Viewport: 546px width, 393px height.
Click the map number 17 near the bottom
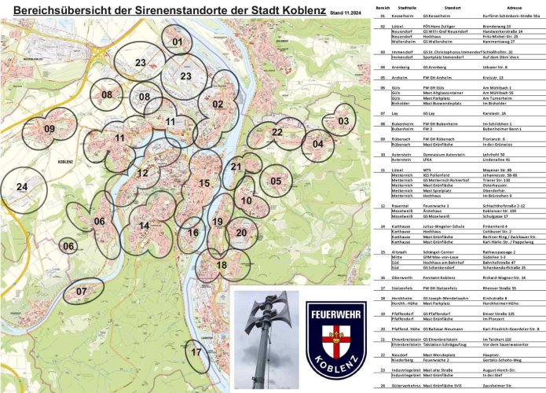[x=196, y=353]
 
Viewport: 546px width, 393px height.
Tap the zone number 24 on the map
[x=22, y=187]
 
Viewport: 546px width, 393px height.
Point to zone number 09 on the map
[x=49, y=129]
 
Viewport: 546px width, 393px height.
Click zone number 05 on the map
[x=276, y=182]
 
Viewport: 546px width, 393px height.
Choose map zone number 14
[x=144, y=226]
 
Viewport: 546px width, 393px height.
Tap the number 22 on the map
[x=277, y=132]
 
